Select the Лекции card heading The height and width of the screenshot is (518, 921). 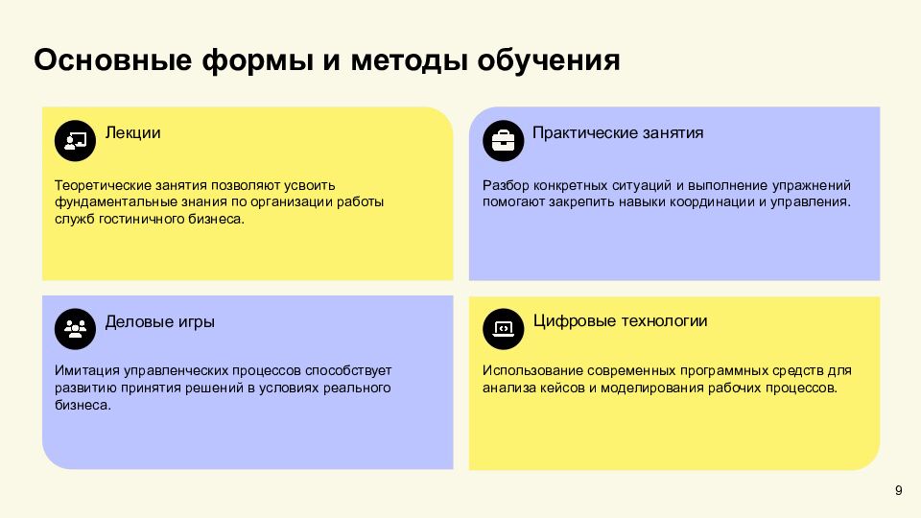pos(132,132)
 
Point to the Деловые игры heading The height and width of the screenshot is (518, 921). pos(159,321)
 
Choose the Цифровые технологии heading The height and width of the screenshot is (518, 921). pos(620,320)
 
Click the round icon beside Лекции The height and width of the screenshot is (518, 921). pos(75,140)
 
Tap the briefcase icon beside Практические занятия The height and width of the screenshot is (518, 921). pos(503,140)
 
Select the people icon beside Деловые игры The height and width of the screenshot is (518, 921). pos(75,328)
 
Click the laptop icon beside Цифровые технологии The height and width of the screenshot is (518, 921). pos(503,328)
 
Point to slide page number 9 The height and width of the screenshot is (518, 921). pos(898,491)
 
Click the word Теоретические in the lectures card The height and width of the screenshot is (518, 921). pos(99,185)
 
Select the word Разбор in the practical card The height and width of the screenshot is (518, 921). pos(505,185)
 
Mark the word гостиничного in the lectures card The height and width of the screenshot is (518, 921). pos(134,220)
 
